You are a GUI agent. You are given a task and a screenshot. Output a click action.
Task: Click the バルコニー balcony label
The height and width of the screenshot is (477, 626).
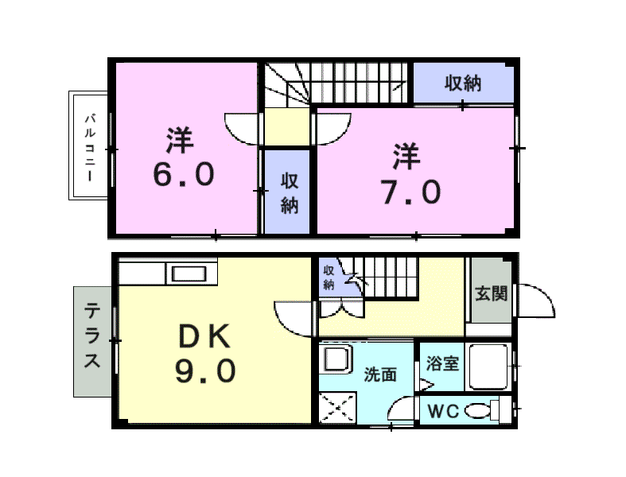91,147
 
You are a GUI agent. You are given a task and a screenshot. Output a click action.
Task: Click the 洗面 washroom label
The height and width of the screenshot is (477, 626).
380,374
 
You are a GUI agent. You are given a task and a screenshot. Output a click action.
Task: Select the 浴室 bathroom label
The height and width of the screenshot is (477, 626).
441,363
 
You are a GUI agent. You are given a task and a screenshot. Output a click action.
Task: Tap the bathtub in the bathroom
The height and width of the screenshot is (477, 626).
488,366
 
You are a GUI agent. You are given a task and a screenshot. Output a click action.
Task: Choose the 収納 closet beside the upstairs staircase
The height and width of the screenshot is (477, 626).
462,83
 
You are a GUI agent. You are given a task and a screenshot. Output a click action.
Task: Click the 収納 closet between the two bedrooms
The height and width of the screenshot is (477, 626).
287,192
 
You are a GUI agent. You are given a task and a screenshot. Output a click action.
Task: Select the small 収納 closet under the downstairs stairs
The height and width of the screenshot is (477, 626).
329,277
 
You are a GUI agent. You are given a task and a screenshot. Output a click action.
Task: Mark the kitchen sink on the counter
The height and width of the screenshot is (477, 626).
189,275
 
